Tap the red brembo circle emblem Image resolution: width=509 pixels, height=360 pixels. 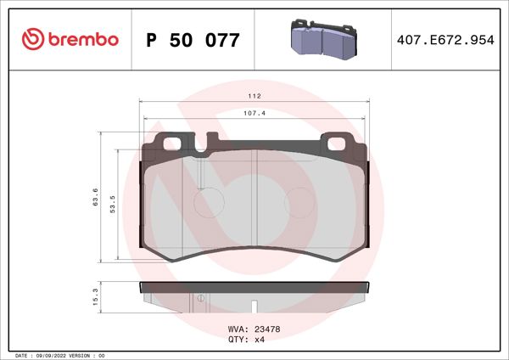pos(33,39)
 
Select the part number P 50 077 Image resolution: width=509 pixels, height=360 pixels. pos(193,40)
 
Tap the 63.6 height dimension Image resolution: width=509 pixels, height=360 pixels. pos(95,197)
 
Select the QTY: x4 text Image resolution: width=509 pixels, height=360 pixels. pos(248,339)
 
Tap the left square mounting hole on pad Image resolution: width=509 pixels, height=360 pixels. pos(173,142)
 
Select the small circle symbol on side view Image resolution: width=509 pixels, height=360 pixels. pos(200,298)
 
